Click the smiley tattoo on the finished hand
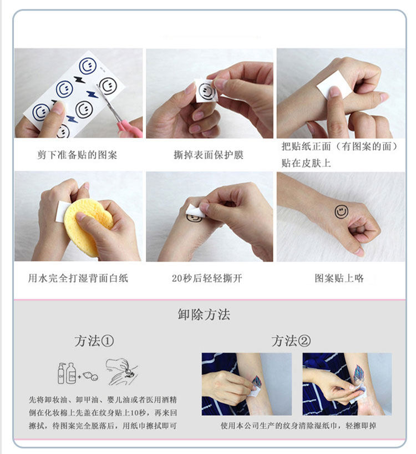341,211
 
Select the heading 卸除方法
204,315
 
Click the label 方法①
94,341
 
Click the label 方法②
291,341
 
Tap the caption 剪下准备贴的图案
77,155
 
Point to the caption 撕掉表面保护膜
209,155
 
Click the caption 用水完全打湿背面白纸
78,278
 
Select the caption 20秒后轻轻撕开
207,278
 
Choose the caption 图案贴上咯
339,278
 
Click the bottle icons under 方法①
67,373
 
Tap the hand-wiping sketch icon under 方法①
121,371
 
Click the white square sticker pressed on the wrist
333,84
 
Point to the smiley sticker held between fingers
206,90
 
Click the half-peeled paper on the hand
196,211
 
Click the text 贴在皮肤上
306,163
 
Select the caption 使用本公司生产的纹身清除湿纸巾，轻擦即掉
298,426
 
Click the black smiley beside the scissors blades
108,86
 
